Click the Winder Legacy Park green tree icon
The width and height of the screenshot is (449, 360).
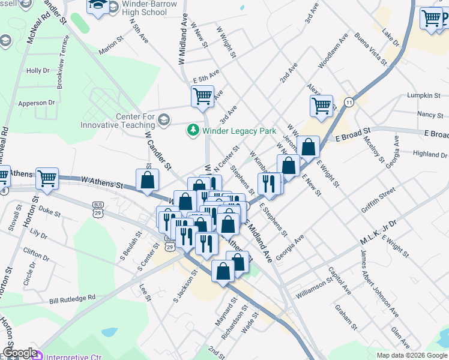pos(193,130)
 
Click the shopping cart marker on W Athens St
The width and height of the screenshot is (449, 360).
pos(47,178)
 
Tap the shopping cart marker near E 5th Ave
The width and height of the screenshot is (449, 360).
pos(203,95)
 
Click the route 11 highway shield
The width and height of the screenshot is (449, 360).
pos(349,103)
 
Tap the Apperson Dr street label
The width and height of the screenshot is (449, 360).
pos(36,103)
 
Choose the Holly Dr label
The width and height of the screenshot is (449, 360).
pos(38,71)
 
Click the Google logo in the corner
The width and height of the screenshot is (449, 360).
pos(19,353)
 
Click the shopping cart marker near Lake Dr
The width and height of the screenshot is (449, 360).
pos(431,19)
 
